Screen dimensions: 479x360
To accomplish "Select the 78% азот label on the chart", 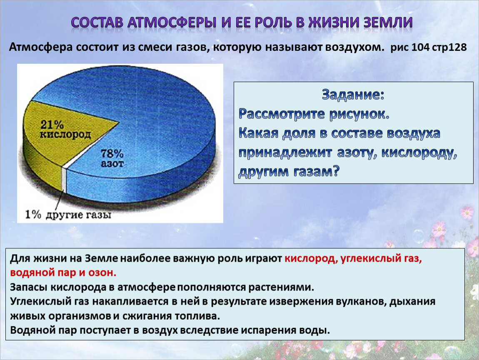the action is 112,158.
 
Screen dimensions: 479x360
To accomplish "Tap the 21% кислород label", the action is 65,129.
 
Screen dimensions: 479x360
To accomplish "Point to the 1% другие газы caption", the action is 68,215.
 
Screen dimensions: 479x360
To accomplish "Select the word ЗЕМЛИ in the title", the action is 388,22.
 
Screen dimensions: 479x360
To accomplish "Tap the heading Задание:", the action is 353,95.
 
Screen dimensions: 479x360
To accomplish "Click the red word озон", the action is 102,272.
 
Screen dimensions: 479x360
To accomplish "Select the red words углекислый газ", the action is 381,259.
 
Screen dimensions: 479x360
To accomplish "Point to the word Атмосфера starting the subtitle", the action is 41,47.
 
